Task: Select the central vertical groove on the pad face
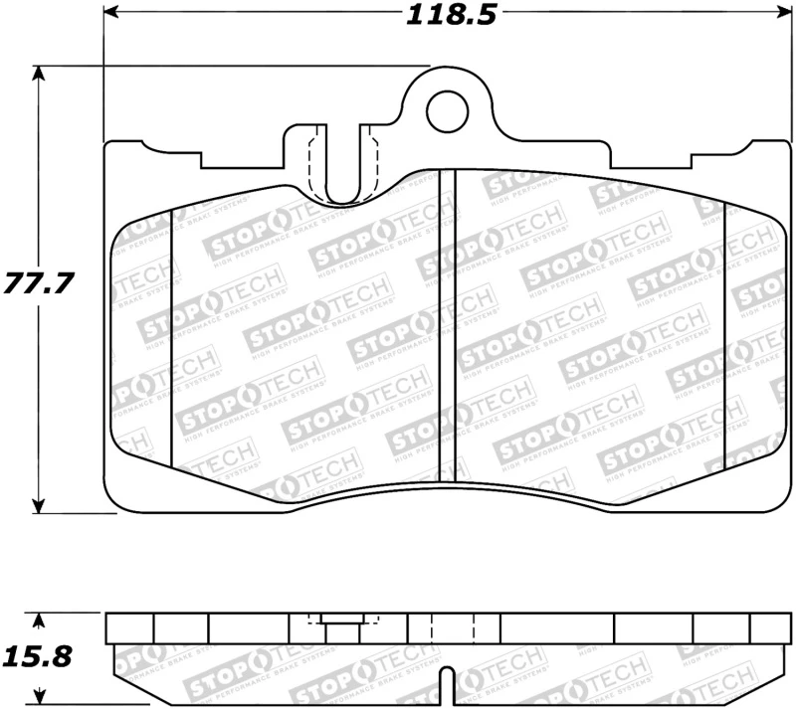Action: (x=447, y=318)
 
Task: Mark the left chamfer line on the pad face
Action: (x=173, y=338)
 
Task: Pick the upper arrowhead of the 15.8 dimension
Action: (x=39, y=621)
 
